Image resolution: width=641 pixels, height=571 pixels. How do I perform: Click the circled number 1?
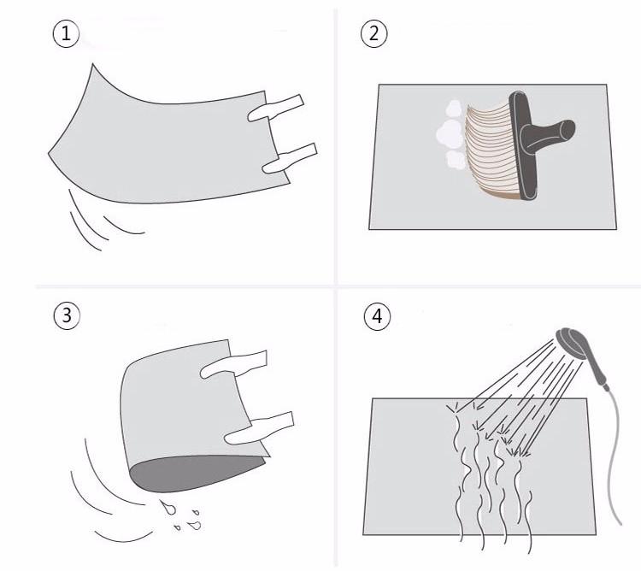point(66,34)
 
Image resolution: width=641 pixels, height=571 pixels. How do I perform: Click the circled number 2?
point(374,34)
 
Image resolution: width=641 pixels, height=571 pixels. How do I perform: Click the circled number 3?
point(66,315)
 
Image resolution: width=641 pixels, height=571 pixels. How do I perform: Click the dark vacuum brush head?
point(523,150)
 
